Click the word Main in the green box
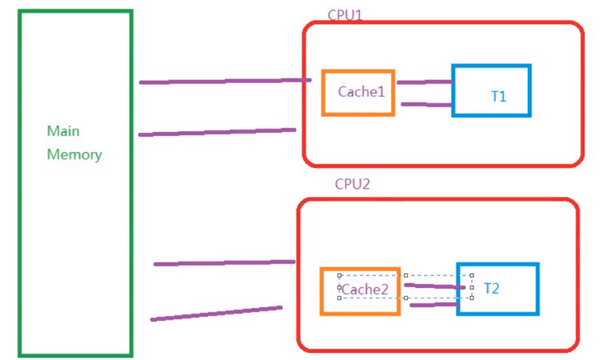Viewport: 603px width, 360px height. pos(63,131)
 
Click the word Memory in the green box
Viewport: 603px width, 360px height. pos(74,154)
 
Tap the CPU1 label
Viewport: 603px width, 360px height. pos(345,15)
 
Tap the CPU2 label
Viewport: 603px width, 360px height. pos(352,184)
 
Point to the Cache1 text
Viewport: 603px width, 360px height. pos(361,92)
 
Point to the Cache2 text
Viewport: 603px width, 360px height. pos(364,289)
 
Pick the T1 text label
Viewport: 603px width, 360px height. pos(499,96)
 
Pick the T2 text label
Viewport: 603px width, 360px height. pos(492,288)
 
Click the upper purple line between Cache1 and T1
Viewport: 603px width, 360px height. pos(425,82)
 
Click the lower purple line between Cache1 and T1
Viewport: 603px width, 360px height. pos(426,104)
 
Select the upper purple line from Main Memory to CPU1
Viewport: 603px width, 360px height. pos(225,81)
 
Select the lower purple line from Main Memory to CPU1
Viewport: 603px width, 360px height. pos(217,132)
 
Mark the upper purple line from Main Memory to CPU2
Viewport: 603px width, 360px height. pos(224,262)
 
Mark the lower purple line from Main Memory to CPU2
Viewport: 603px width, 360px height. pos(217,313)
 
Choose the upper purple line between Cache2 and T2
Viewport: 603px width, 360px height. pos(434,286)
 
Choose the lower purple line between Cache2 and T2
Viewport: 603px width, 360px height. pos(433,304)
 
